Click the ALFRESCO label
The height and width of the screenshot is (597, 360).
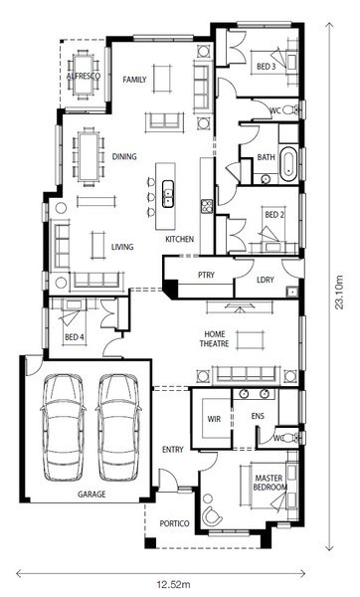click(84, 76)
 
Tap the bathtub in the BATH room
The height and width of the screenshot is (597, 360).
click(288, 164)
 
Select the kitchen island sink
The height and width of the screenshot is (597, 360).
click(168, 194)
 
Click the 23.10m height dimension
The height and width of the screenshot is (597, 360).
click(339, 292)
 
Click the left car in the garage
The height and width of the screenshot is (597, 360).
click(64, 428)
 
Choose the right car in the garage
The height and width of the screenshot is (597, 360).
click(118, 428)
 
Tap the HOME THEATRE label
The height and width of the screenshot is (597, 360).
click(215, 339)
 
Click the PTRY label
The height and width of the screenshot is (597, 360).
click(206, 275)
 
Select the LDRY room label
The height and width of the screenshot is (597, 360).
click(266, 280)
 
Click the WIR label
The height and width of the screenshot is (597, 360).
click(214, 419)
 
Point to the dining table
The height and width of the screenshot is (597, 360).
click(90, 156)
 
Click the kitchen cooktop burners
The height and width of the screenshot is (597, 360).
click(207, 206)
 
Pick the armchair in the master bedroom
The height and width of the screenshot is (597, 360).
click(212, 515)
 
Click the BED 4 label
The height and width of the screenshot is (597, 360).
click(75, 337)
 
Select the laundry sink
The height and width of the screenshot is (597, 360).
click(292, 292)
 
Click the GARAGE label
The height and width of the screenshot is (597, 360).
click(91, 495)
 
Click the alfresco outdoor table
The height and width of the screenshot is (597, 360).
click(84, 75)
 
